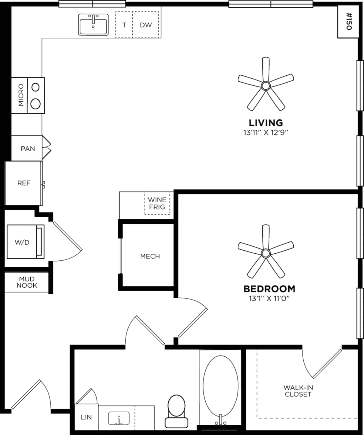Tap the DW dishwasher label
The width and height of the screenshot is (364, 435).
(146, 25)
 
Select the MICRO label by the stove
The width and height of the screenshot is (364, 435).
(21, 95)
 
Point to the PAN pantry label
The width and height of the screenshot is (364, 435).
(28, 149)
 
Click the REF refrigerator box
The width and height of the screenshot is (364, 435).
(24, 183)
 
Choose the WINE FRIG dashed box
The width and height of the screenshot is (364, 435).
(157, 203)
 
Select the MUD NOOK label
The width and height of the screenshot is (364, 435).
(27, 282)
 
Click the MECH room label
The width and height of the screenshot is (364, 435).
(150, 256)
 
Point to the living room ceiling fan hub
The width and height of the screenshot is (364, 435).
(266, 86)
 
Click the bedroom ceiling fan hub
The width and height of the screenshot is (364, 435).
(266, 253)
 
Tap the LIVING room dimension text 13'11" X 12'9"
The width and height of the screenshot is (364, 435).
(265, 132)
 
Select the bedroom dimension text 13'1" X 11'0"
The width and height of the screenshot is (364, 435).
(269, 299)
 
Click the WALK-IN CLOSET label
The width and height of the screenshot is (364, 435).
(298, 391)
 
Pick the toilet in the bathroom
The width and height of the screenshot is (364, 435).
(176, 410)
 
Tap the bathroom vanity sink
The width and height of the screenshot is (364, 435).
(119, 418)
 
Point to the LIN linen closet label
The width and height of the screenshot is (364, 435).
(86, 417)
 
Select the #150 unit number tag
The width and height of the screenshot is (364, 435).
(348, 21)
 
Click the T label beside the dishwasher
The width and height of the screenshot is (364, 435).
(124, 25)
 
